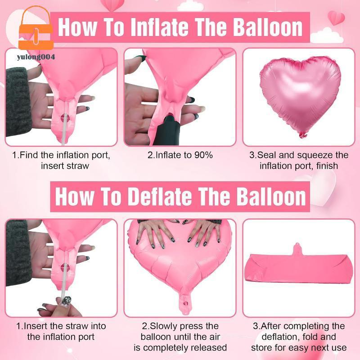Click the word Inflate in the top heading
click(161, 27)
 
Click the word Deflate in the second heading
click(160, 197)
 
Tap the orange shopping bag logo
click(36, 29)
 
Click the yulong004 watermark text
click(36, 57)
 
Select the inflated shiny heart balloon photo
click(300, 96)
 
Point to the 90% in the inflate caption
click(203, 155)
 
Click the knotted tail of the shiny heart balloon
click(302, 135)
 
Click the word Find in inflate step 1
click(29, 155)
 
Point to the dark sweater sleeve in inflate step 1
click(17, 101)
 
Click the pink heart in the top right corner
click(336, 18)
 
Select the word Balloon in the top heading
click(268, 27)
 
